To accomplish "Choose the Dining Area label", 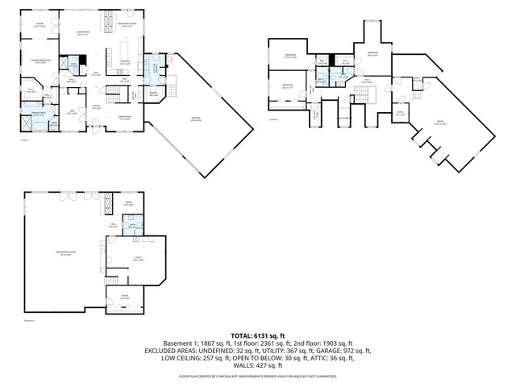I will pyautogui.click(x=125, y=119).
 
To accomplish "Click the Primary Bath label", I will pyautogui.click(x=38, y=114).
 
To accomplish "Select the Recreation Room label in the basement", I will pyautogui.click(x=65, y=253).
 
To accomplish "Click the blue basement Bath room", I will pyautogui.click(x=132, y=227).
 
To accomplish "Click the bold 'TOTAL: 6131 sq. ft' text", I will pyautogui.click(x=258, y=335).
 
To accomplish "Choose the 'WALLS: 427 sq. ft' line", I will pyautogui.click(x=258, y=367).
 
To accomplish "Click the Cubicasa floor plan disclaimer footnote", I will pyautogui.click(x=258, y=376).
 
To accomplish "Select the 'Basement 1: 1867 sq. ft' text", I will pyautogui.click(x=196, y=343).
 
